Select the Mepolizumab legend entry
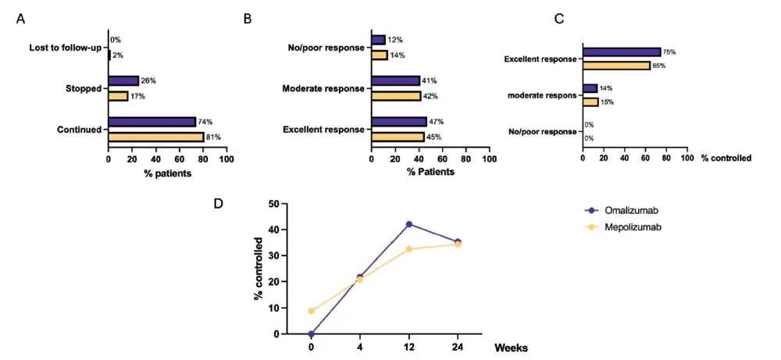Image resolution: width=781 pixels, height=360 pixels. pyautogui.click(x=624, y=226)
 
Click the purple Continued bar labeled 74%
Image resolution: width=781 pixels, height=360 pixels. pyautogui.click(x=152, y=122)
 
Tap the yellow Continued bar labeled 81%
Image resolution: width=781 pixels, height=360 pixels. pyautogui.click(x=156, y=137)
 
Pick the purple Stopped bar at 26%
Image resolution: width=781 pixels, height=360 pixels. pyautogui.click(x=123, y=80)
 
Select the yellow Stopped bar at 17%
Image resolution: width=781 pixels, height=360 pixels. pyautogui.click(x=118, y=96)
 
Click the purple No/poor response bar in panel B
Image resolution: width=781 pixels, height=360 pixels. pyautogui.click(x=379, y=40)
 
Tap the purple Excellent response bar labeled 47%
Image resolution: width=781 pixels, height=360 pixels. pyautogui.click(x=399, y=122)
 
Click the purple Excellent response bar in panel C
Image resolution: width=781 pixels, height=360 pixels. pyautogui.click(x=621, y=52)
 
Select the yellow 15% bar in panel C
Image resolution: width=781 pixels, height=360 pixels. pyautogui.click(x=590, y=102)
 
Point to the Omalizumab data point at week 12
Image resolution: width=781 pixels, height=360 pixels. pyautogui.click(x=409, y=224)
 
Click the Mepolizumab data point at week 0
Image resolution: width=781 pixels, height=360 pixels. pyautogui.click(x=311, y=311)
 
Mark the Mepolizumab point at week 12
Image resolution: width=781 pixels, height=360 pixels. pyautogui.click(x=409, y=249)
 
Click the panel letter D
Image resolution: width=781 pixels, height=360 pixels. pyautogui.click(x=219, y=204)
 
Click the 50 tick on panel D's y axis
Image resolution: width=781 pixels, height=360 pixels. pyautogui.click(x=275, y=204)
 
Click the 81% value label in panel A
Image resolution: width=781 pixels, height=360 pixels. pyautogui.click(x=214, y=137)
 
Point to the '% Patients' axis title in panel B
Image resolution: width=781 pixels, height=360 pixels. pyautogui.click(x=430, y=173)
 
